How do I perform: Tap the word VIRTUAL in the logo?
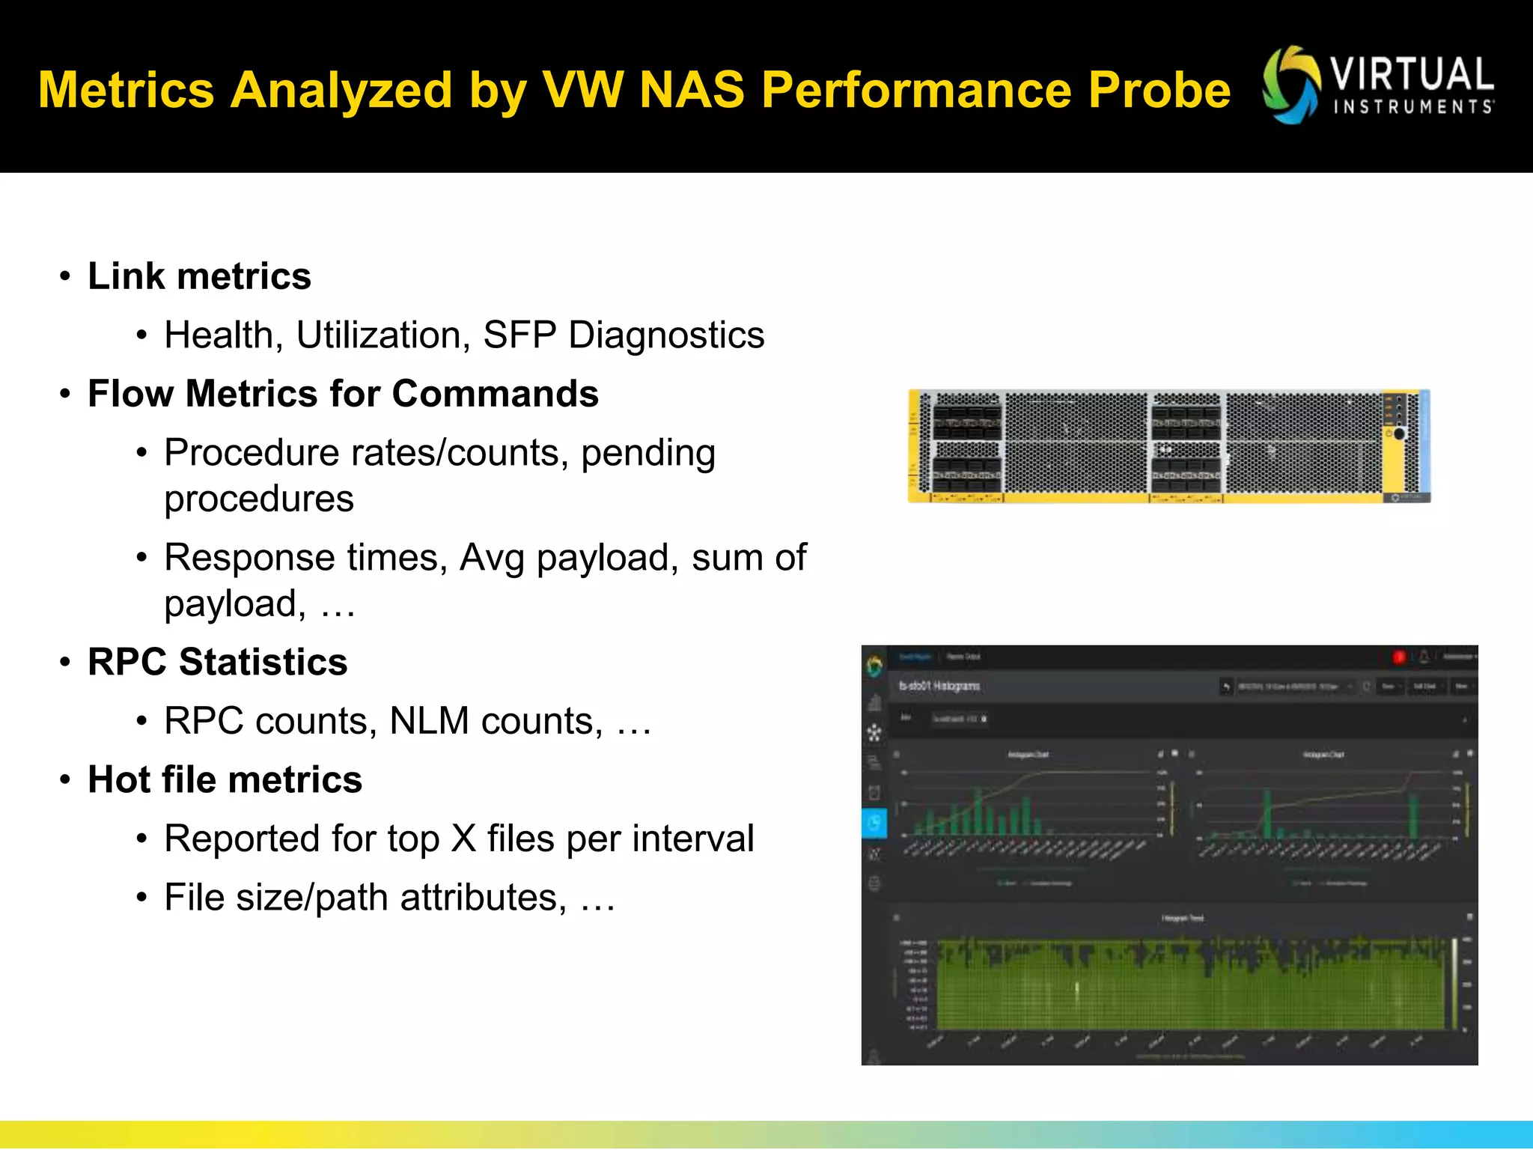(x=1411, y=75)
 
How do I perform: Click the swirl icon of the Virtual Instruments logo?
(x=1290, y=85)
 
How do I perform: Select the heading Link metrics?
(x=199, y=276)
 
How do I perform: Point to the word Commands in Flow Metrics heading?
(x=495, y=394)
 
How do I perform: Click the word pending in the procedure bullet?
(x=647, y=454)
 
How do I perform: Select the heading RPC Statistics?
(x=217, y=662)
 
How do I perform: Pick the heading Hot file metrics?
(x=225, y=779)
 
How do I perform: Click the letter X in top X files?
(x=463, y=839)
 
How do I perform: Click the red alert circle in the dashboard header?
(x=1398, y=657)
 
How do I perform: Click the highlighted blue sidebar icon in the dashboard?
(x=874, y=823)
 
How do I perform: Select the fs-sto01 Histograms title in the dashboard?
(x=939, y=686)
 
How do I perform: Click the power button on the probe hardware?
(x=1398, y=433)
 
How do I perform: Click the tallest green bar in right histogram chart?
(x=1267, y=813)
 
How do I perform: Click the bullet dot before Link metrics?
(x=66, y=276)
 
